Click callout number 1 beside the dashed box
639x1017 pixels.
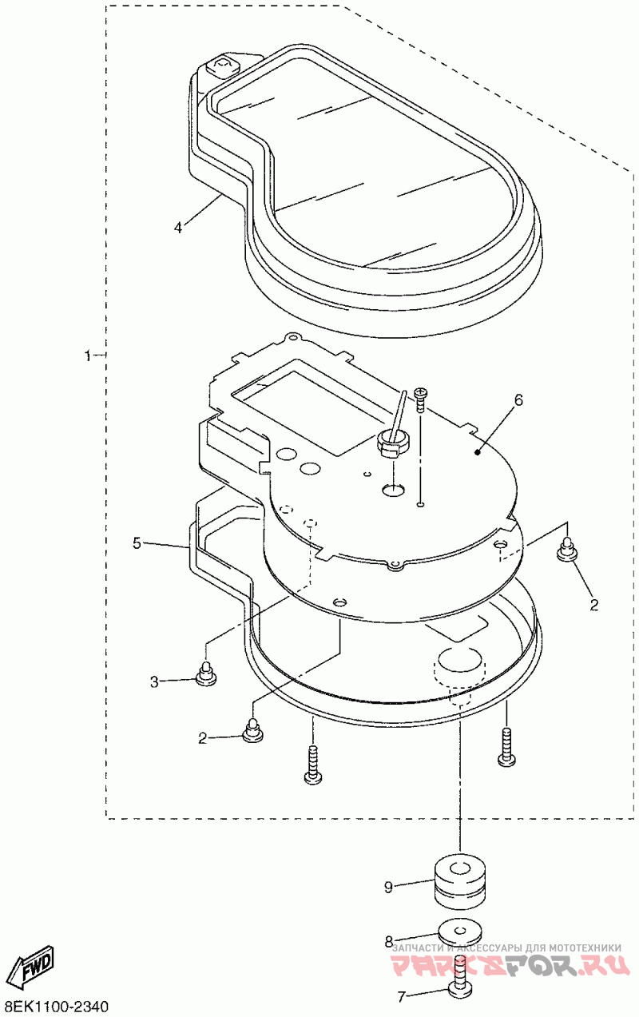[89, 354]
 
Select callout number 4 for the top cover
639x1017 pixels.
[178, 227]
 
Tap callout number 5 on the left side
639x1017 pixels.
[137, 543]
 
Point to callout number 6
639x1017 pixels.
[518, 400]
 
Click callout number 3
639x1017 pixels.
[155, 681]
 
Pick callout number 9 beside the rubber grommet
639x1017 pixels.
[388, 886]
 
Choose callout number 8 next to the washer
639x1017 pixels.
[389, 941]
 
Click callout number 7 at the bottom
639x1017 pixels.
[402, 996]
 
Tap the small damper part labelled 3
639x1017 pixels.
[207, 674]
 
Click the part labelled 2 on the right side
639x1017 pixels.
[568, 550]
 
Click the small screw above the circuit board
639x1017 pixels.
[422, 397]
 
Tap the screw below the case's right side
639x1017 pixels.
[506, 746]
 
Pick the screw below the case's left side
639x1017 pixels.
[312, 762]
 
